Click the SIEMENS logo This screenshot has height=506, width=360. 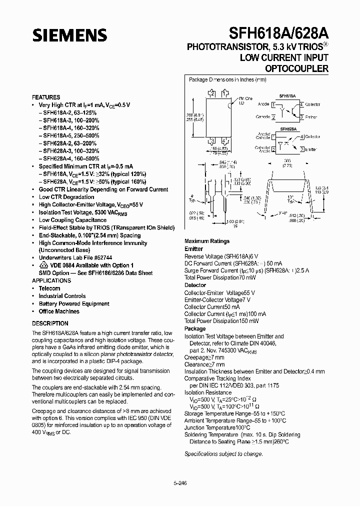point(70,34)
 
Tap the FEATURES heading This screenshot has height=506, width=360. point(46,97)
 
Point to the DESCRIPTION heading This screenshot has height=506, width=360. point(50,323)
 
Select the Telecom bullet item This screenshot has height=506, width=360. point(49,288)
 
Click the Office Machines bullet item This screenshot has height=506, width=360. point(59,311)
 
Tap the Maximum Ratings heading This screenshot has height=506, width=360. point(207,241)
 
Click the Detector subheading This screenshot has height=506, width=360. point(195,285)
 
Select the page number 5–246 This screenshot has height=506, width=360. point(179,484)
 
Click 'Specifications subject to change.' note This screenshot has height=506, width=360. point(223,454)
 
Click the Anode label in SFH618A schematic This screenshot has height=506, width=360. point(263,104)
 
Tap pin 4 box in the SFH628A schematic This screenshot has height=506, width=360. point(301,136)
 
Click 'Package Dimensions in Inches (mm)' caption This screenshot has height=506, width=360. point(227,79)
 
